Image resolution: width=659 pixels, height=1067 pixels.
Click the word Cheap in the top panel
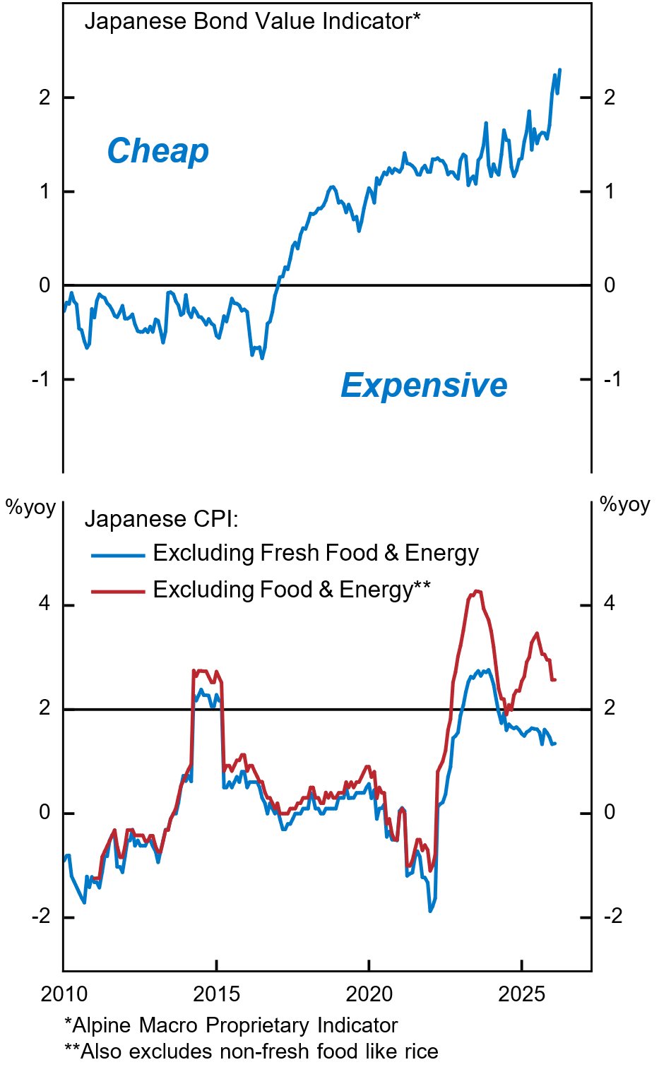click(158, 151)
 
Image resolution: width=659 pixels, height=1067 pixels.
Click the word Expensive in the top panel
click(424, 386)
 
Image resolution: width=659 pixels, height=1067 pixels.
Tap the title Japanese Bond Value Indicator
click(251, 21)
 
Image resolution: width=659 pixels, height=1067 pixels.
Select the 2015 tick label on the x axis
click(217, 995)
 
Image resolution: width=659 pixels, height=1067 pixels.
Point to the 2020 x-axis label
click(369, 995)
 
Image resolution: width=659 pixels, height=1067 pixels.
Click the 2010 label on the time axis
click(64, 995)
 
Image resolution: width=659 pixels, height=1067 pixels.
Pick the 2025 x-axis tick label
click(521, 995)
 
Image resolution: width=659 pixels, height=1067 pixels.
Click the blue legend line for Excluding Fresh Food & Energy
click(117, 555)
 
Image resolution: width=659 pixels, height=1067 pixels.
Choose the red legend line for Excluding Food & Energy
click(117, 591)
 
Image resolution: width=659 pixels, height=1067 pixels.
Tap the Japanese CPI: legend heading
click(161, 519)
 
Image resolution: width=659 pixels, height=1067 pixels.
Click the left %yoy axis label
click(30, 507)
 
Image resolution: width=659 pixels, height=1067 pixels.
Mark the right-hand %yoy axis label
click(624, 504)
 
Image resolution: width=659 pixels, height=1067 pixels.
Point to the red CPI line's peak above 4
click(477, 591)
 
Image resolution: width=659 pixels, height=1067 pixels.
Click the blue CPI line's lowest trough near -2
click(430, 911)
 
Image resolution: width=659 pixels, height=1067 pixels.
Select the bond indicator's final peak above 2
click(559, 70)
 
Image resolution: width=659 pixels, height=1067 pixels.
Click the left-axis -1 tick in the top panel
click(41, 379)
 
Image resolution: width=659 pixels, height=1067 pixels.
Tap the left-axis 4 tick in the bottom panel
click(44, 604)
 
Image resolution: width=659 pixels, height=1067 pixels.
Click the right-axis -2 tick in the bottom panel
click(612, 917)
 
